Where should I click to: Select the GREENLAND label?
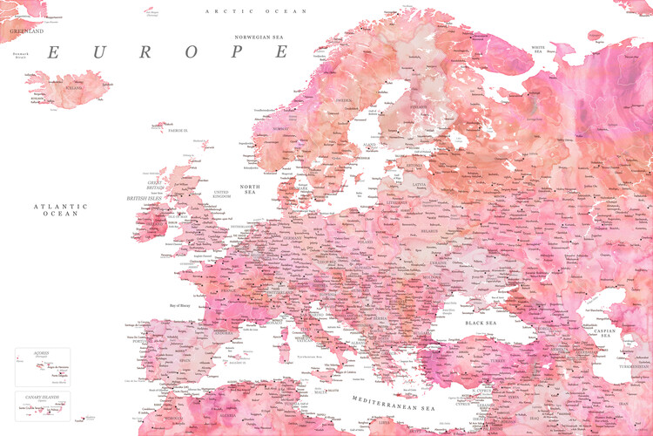click(x=26, y=31)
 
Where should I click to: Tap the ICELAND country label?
click(x=73, y=88)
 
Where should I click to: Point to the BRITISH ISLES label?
click(x=145, y=198)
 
